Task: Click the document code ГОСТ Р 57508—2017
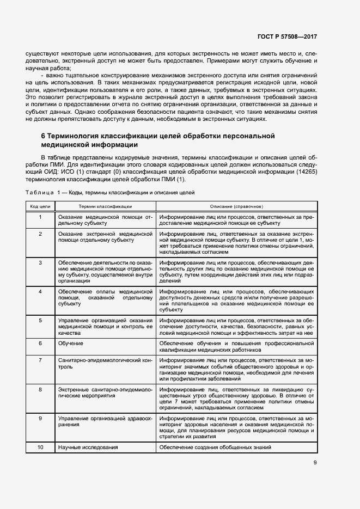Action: point(287,36)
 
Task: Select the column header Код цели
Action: point(40,207)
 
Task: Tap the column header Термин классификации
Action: point(105,207)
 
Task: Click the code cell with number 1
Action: point(40,217)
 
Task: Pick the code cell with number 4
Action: point(40,292)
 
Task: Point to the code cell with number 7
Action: point(40,360)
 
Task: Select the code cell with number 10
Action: point(40,447)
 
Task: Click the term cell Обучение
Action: point(71,344)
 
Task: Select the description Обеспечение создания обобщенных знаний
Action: point(215,447)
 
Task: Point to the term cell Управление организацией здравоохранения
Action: point(105,421)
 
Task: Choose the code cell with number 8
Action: point(40,389)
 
